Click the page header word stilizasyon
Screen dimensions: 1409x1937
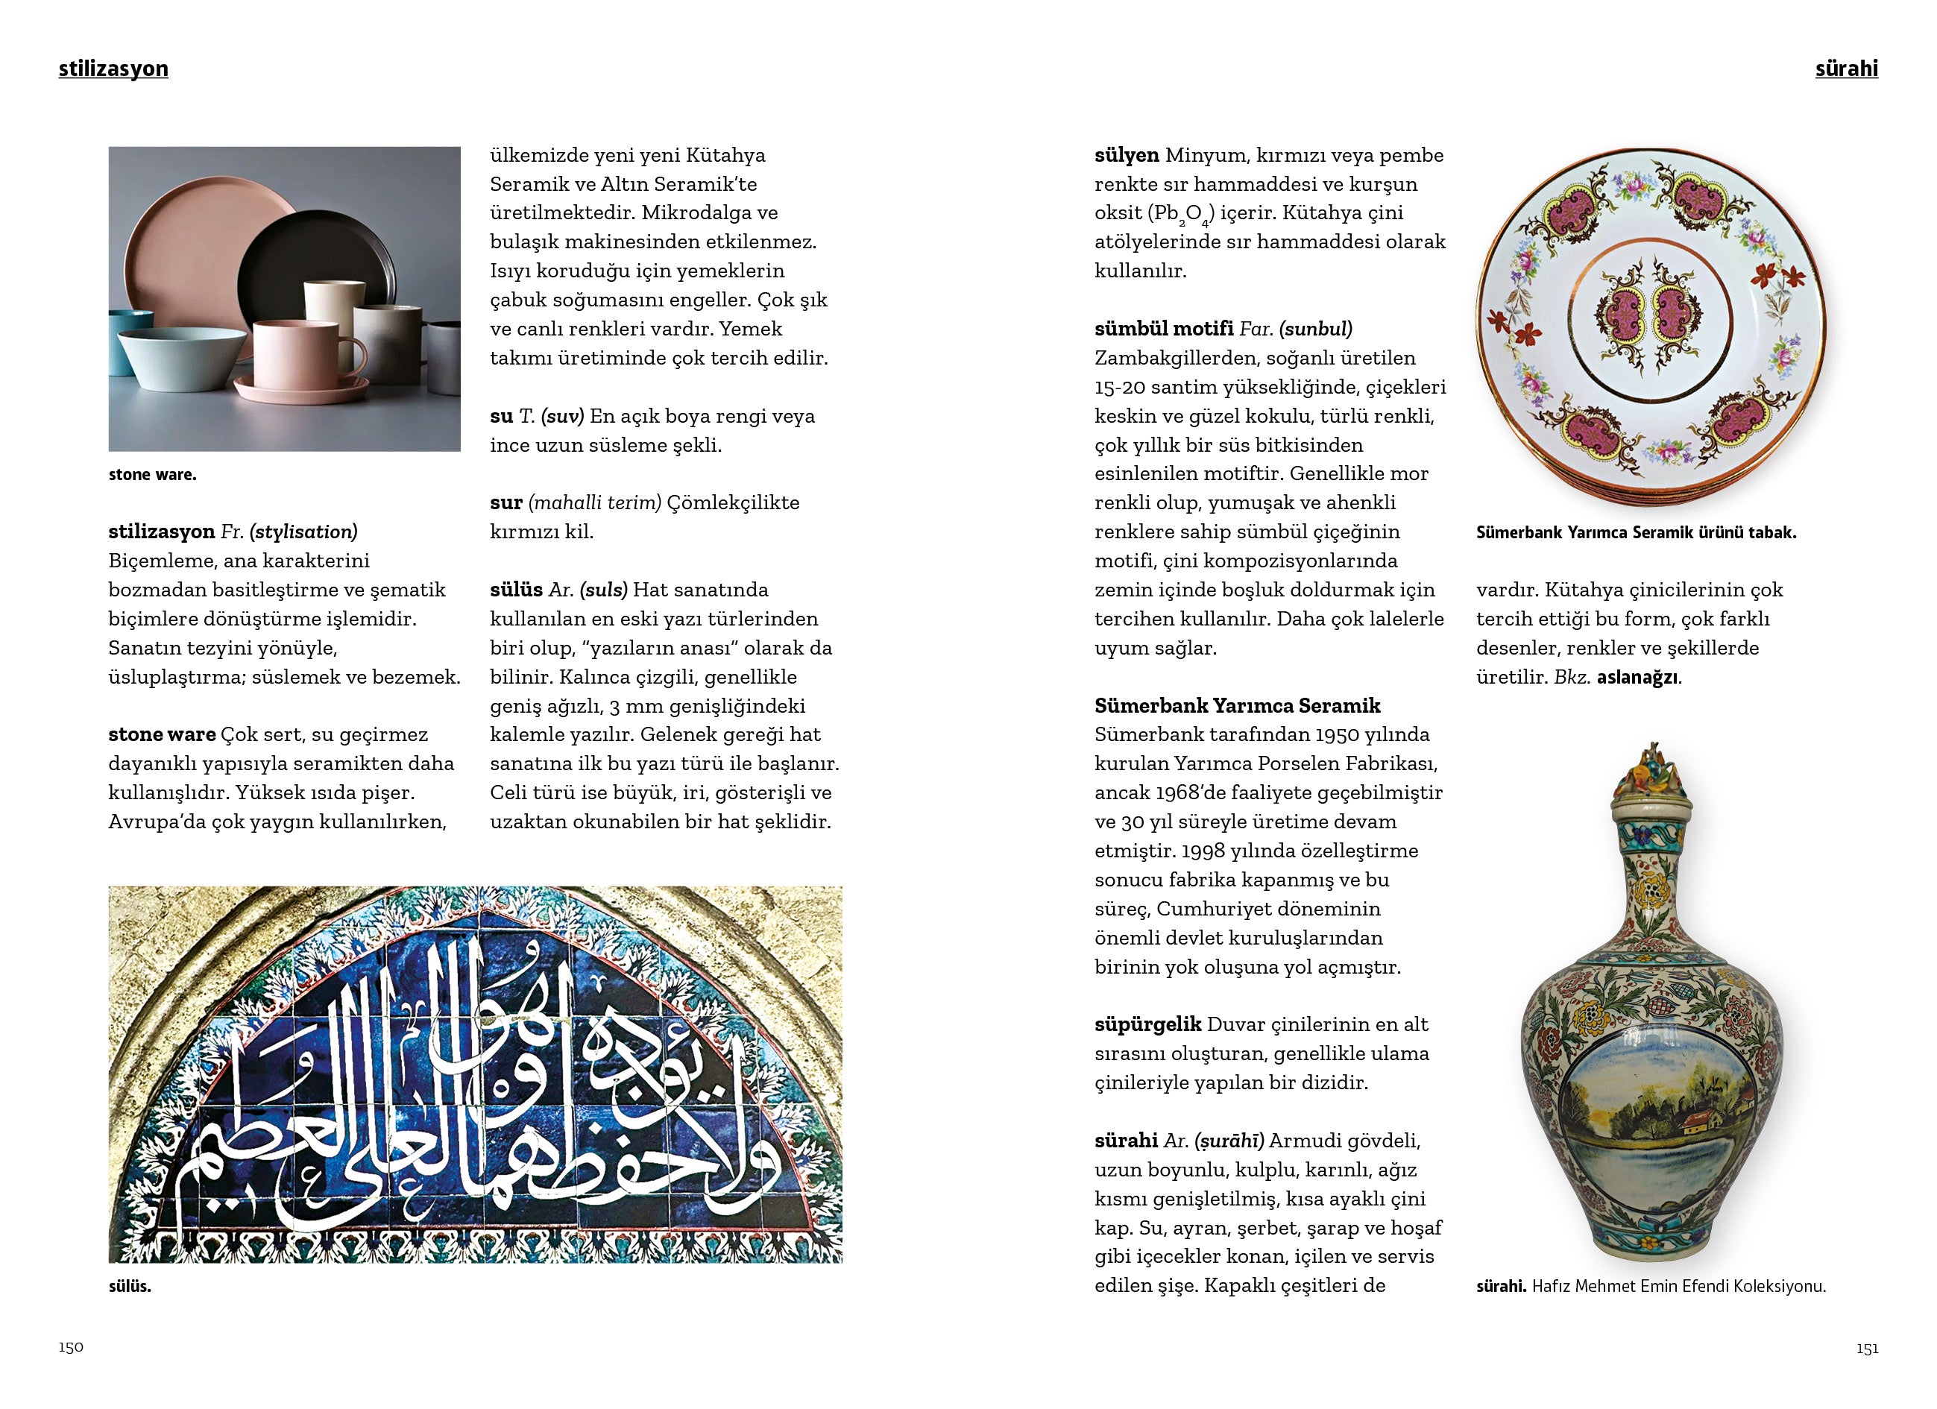click(x=113, y=69)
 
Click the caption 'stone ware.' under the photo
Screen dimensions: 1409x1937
click(x=152, y=475)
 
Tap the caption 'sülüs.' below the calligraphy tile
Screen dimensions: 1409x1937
click(x=130, y=1286)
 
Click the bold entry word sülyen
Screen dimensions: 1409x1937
click(x=1126, y=155)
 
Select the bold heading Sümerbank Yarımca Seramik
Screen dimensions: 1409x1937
click(x=1238, y=705)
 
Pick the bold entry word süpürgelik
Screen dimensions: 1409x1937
click(x=1147, y=1024)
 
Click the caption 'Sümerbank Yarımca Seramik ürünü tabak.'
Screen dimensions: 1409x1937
click(x=1636, y=533)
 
